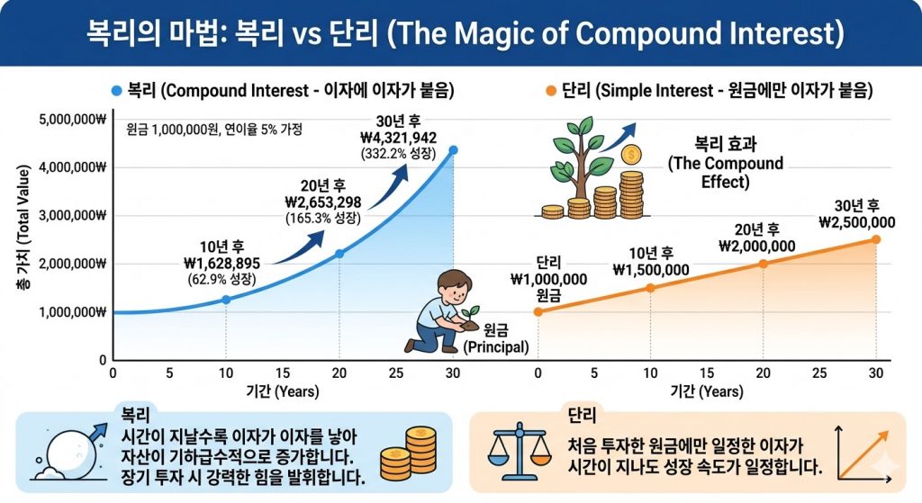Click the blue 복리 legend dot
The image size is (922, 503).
(x=115, y=91)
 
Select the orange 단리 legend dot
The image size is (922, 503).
(x=549, y=91)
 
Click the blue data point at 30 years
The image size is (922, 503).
(x=453, y=149)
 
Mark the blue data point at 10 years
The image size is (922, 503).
(x=225, y=299)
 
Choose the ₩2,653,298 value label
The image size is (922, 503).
(x=322, y=202)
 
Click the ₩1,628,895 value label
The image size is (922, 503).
(x=221, y=263)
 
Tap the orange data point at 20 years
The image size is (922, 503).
(x=763, y=264)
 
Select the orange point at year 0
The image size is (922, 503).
(x=538, y=311)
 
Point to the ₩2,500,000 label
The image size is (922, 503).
(x=857, y=222)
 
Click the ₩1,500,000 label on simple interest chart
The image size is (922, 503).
(x=651, y=270)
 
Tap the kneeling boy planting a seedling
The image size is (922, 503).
(x=442, y=310)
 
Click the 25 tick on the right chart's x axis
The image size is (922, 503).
(x=818, y=373)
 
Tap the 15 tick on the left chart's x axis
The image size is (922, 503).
(x=282, y=373)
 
